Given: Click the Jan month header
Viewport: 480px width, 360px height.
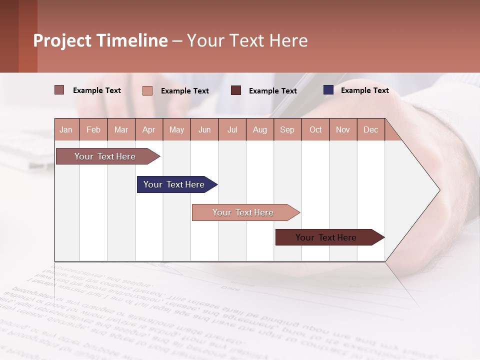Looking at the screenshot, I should point(66,130).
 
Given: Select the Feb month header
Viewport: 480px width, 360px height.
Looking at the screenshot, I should point(93,130).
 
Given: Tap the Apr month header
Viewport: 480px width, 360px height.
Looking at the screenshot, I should point(149,130).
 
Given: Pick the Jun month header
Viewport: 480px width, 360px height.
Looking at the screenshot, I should point(204,130).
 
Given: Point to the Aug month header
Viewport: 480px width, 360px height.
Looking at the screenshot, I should point(260,130).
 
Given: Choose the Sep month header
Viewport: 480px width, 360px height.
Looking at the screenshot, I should point(287,130).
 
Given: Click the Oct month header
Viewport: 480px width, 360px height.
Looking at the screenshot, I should point(315,130).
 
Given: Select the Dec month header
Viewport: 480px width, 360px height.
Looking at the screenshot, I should point(371,130).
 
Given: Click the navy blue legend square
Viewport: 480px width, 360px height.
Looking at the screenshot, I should point(328,90).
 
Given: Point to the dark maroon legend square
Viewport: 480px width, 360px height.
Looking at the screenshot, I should point(236,90).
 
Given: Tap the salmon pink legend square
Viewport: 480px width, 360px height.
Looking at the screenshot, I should point(147,90).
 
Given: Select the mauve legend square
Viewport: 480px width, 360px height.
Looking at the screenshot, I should point(59,90).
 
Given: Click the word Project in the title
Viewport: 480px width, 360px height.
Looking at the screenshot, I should point(62,40).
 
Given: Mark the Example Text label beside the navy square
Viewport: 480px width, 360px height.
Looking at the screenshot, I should point(364,90).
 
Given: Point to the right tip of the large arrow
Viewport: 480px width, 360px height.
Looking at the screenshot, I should point(439,190).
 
